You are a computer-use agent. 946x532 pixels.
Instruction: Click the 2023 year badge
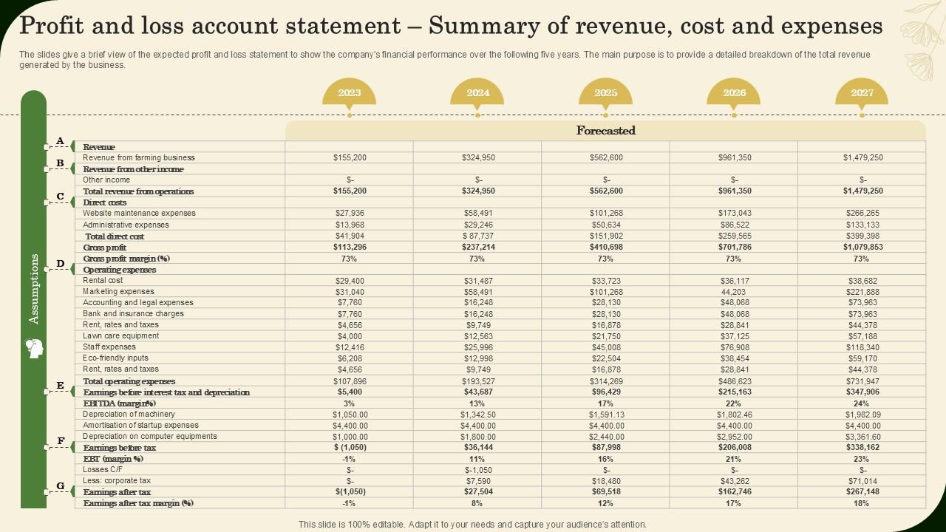pyautogui.click(x=350, y=93)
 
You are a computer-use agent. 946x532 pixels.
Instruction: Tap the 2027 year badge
pyautogui.click(x=862, y=93)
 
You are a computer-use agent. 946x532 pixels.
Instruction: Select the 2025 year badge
pyautogui.click(x=605, y=93)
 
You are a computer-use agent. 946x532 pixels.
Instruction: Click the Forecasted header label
pyautogui.click(x=605, y=131)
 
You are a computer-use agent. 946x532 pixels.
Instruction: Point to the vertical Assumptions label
pyautogui.click(x=34, y=288)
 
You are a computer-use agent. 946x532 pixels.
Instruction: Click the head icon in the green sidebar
pyautogui.click(x=34, y=348)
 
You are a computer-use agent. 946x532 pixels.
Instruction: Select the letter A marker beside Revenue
pyautogui.click(x=61, y=141)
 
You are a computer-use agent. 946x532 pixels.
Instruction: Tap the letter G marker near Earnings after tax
pyautogui.click(x=61, y=486)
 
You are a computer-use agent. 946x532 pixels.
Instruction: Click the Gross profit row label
pyautogui.click(x=105, y=248)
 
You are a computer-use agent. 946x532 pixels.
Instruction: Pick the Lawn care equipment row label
pyautogui.click(x=120, y=336)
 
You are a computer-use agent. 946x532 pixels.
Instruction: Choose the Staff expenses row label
pyautogui.click(x=109, y=347)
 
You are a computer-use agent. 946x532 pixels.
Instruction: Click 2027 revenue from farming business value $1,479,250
pyautogui.click(x=862, y=157)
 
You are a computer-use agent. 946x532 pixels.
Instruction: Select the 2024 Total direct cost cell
pyautogui.click(x=477, y=236)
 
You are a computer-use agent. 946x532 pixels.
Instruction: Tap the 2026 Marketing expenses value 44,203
pyautogui.click(x=734, y=292)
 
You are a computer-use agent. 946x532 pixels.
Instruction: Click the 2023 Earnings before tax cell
pyautogui.click(x=350, y=448)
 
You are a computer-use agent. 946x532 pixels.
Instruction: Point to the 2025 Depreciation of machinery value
pyautogui.click(x=606, y=415)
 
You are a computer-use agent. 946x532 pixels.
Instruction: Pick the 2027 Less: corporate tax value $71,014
pyautogui.click(x=862, y=481)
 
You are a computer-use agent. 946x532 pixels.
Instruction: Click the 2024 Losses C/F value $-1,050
pyautogui.click(x=478, y=470)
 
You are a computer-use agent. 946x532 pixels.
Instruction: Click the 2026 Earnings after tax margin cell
pyautogui.click(x=734, y=503)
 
